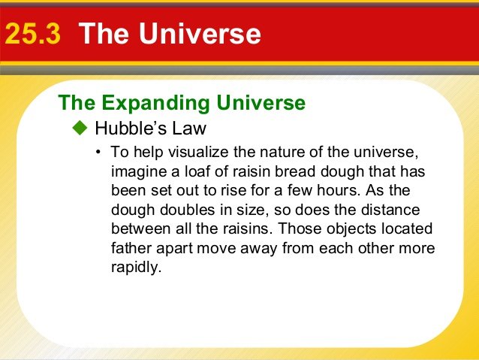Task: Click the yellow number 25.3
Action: [33, 33]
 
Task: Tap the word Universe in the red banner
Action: [200, 33]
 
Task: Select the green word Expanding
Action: [155, 103]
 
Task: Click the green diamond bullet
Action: [80, 128]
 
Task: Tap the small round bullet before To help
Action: [98, 152]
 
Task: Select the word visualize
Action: [198, 152]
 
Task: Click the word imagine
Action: [139, 172]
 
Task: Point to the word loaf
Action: [197, 171]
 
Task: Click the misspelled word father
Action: [131, 248]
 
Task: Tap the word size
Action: [254, 210]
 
